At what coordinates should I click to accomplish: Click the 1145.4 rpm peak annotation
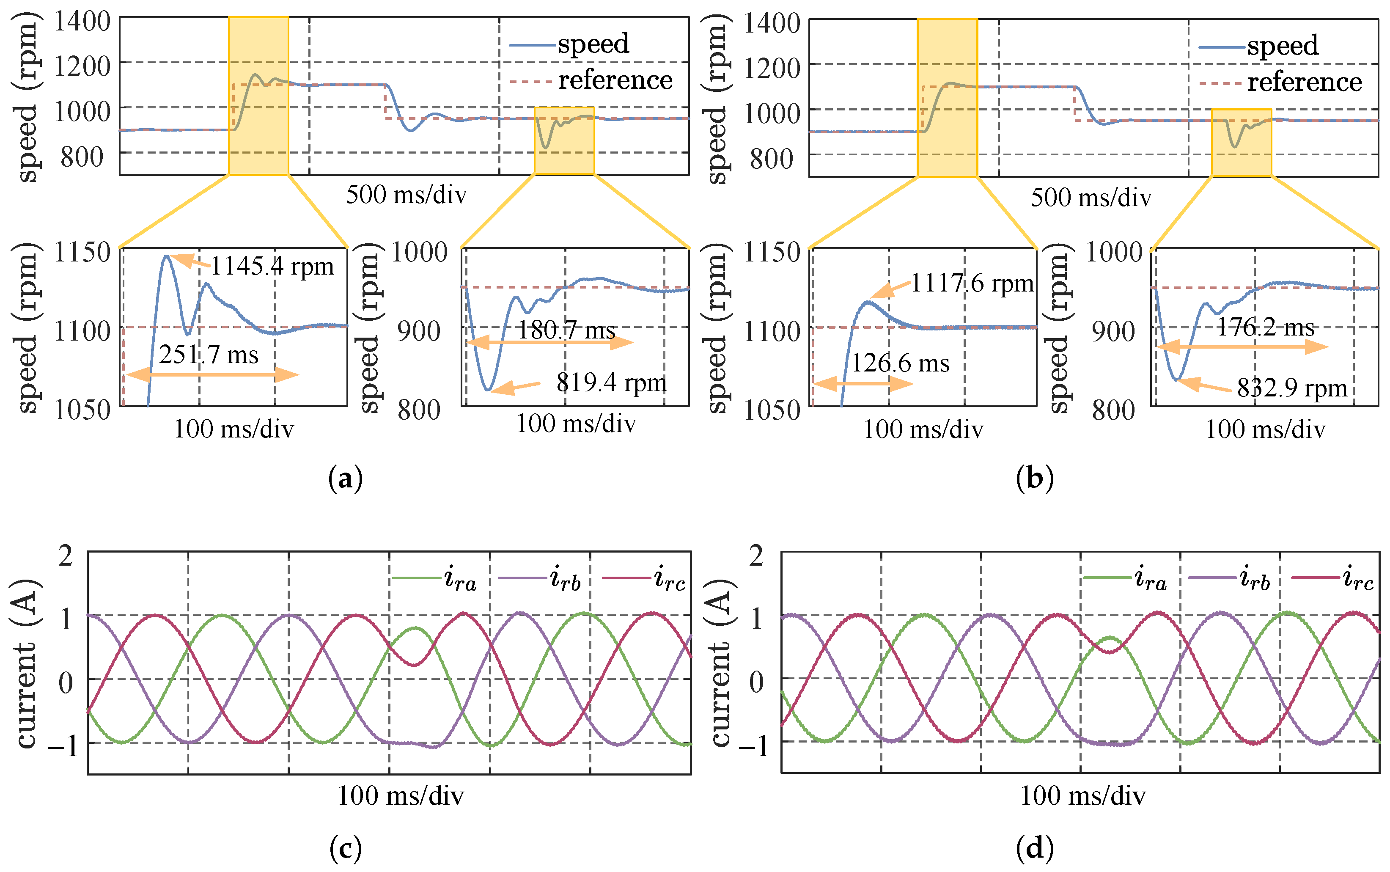coord(272,267)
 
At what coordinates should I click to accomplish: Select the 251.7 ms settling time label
coord(209,355)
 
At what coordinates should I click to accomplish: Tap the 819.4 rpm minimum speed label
coord(611,383)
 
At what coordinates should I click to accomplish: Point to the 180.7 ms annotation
coord(567,330)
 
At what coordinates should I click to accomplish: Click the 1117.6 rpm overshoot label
coord(972,283)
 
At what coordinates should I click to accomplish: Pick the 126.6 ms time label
coord(900,363)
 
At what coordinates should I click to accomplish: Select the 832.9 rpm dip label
coord(1292,388)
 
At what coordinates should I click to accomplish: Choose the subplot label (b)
coord(1034,479)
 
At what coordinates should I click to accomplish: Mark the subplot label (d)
coord(1034,848)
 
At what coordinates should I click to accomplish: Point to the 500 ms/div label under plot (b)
coord(1091,198)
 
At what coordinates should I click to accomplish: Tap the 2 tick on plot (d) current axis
coord(756,556)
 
